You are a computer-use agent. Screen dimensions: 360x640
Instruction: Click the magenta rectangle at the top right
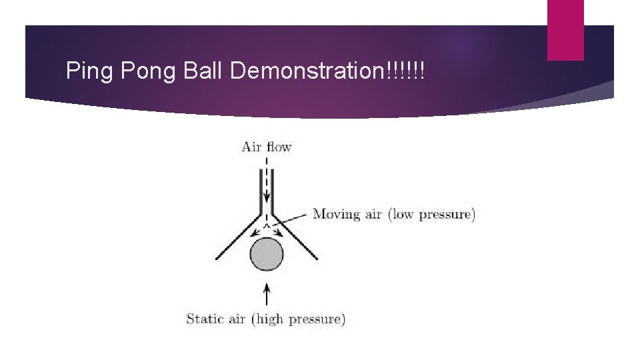pos(565,29)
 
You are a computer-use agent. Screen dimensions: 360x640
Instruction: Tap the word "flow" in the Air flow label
pos(279,147)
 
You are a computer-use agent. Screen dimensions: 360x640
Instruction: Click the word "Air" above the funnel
pos(251,147)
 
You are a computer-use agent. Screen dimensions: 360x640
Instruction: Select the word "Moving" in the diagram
pos(337,215)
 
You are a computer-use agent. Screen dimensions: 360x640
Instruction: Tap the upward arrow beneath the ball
pos(267,293)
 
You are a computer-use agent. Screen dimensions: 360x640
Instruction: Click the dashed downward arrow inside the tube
pos(267,180)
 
